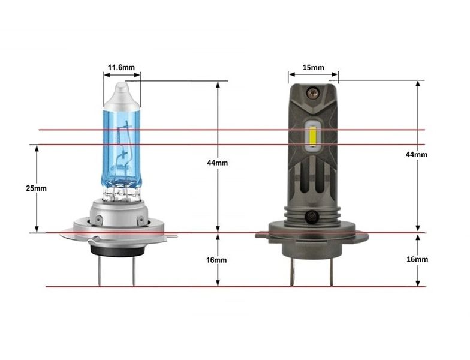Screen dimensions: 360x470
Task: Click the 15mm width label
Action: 312,67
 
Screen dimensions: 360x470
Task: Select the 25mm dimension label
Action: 36,188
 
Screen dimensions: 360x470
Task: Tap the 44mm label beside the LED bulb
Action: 417,154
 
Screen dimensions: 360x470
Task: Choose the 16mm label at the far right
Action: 417,259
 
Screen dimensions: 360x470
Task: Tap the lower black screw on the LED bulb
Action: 312,217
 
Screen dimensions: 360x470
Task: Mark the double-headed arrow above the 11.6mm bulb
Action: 122,76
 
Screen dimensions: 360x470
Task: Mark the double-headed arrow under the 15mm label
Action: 312,76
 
